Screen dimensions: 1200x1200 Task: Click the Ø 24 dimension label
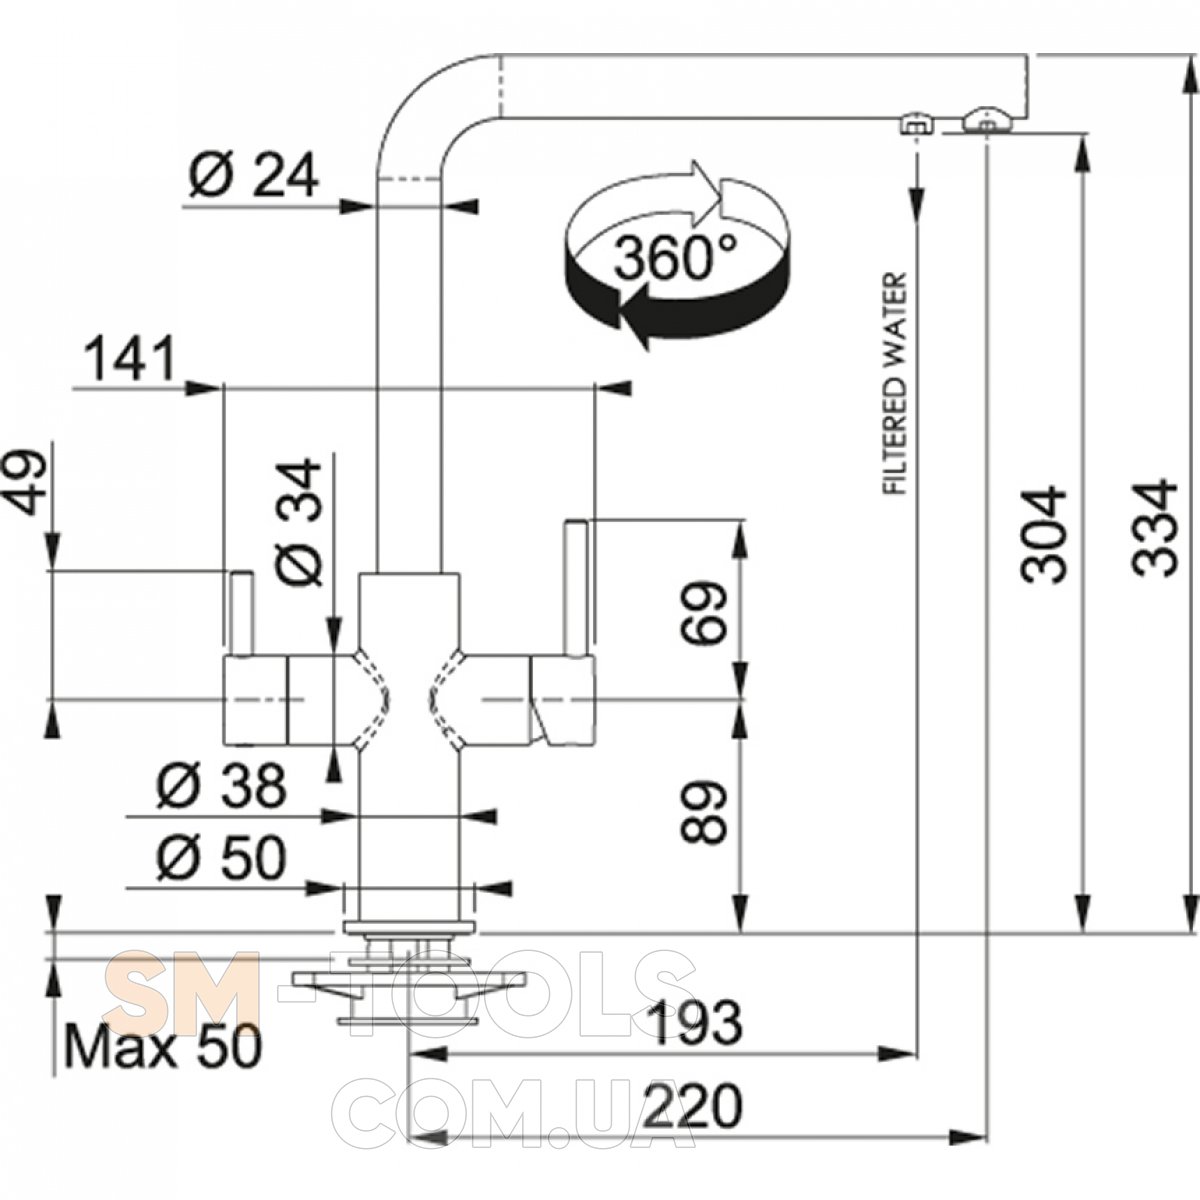[x=253, y=177]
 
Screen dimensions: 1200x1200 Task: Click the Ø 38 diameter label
[x=220, y=789]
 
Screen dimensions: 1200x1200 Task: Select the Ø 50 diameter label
[x=220, y=857]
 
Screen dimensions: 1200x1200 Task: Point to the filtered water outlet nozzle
[x=914, y=125]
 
